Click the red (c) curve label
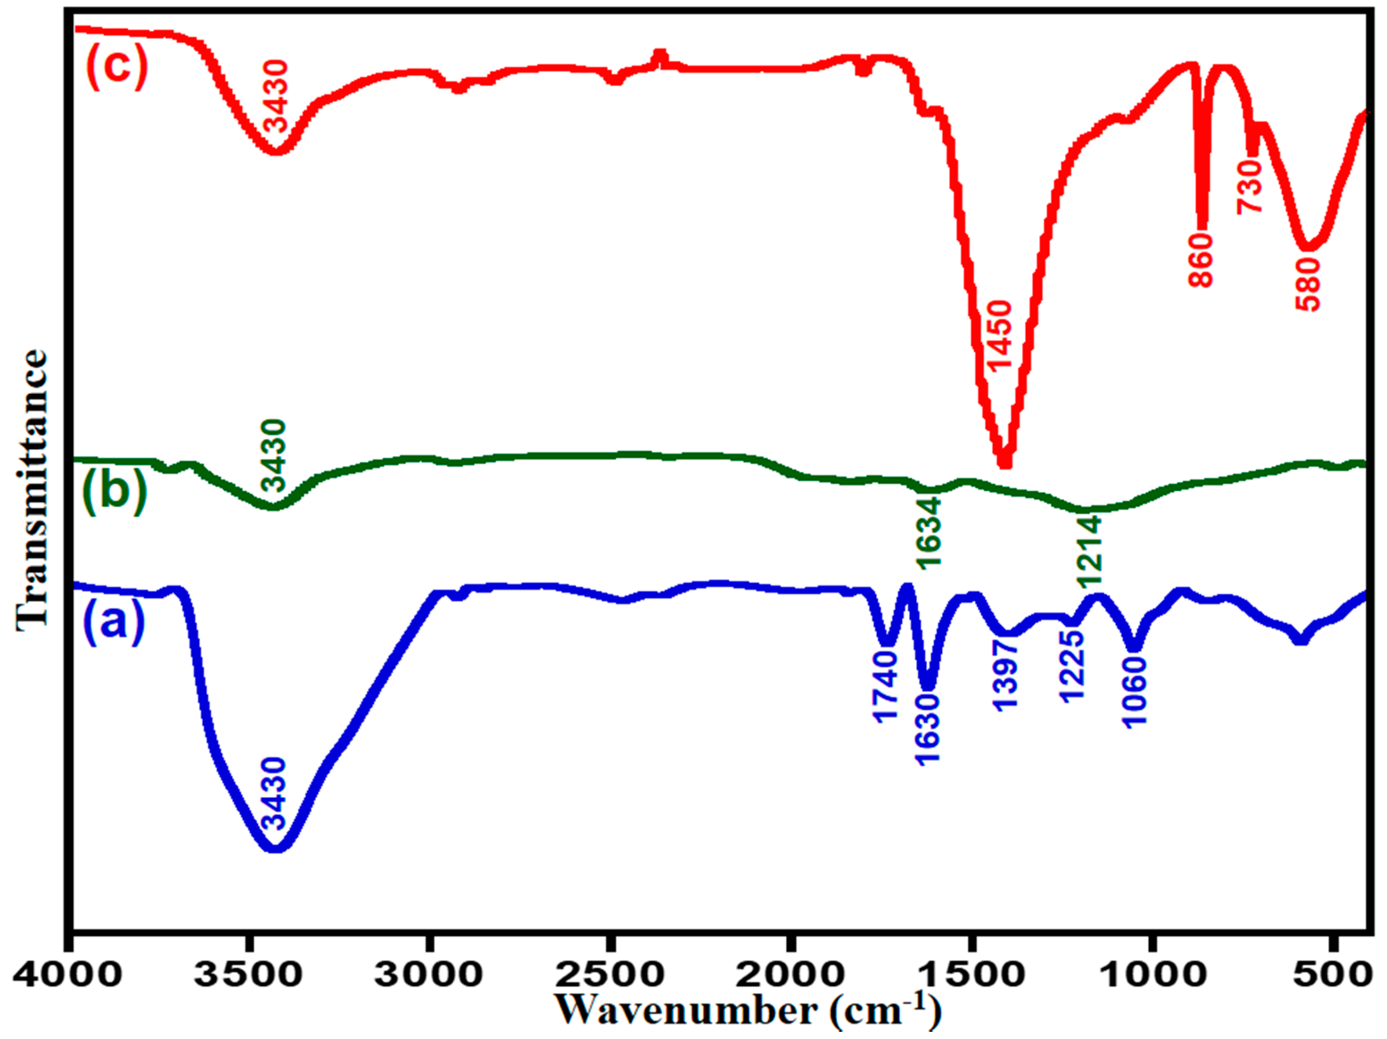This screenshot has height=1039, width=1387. [117, 66]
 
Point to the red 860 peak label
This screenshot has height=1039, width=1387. [1201, 260]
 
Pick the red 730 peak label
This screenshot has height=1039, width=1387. [1248, 186]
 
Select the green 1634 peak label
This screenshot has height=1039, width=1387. [929, 533]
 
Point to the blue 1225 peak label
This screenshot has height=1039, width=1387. [1072, 666]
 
